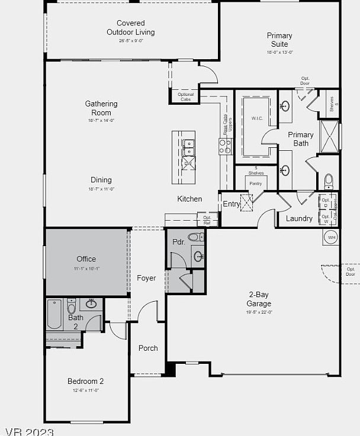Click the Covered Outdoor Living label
(x=130, y=28)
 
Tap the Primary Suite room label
(x=279, y=40)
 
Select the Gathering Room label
(x=101, y=108)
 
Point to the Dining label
(x=101, y=180)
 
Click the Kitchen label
(x=189, y=199)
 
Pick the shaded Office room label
(x=86, y=259)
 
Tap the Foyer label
(x=146, y=278)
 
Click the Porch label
(x=148, y=348)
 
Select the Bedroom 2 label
(x=85, y=382)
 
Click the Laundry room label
(x=299, y=218)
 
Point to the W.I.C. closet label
(x=256, y=118)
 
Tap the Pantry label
(x=255, y=183)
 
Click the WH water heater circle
(x=331, y=238)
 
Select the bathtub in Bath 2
(x=54, y=315)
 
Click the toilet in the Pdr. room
(x=195, y=237)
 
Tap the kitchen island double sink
(x=188, y=147)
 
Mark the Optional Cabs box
(x=186, y=96)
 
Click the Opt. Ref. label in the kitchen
(x=207, y=220)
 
